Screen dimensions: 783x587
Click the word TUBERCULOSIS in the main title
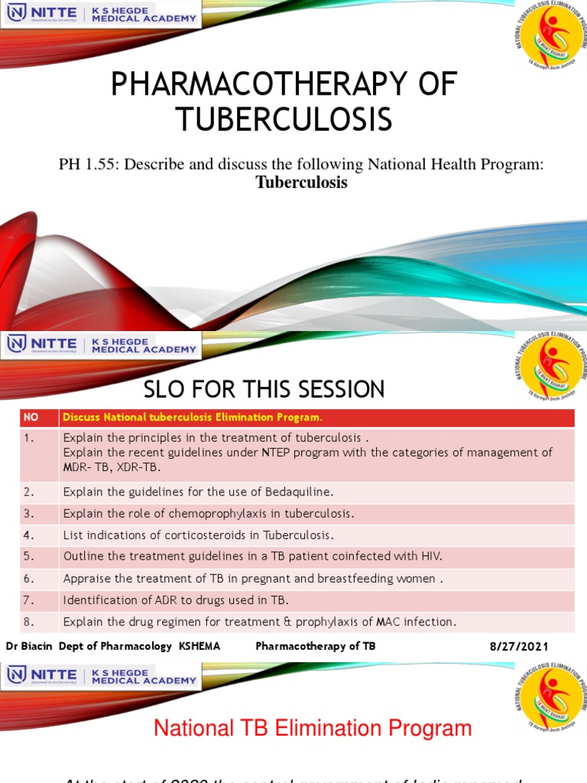click(284, 119)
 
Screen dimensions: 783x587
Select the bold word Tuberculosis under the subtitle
click(301, 183)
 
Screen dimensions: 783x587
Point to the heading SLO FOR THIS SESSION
click(264, 389)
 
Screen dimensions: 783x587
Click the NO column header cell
click(31, 417)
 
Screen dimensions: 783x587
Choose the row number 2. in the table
click(30, 492)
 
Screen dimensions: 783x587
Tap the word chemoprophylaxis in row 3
click(209, 513)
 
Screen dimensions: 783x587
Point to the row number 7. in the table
click(30, 600)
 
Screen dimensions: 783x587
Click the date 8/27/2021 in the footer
click(520, 646)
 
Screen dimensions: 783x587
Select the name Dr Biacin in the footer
click(30, 646)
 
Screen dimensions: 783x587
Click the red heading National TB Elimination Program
click(313, 728)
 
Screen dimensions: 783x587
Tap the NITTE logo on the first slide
click(42, 14)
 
